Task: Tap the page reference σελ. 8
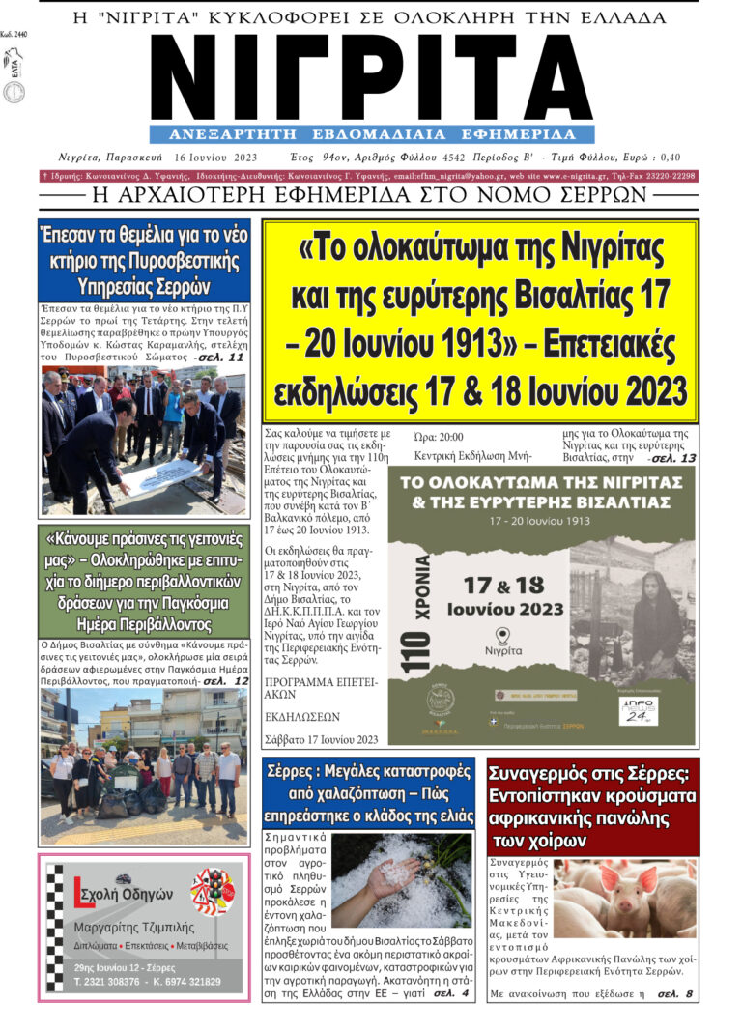click(675, 993)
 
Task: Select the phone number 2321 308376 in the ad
click(111, 982)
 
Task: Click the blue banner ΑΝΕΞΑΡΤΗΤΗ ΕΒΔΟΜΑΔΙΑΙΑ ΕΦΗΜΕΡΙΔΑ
click(371, 134)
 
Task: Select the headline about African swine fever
click(592, 806)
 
